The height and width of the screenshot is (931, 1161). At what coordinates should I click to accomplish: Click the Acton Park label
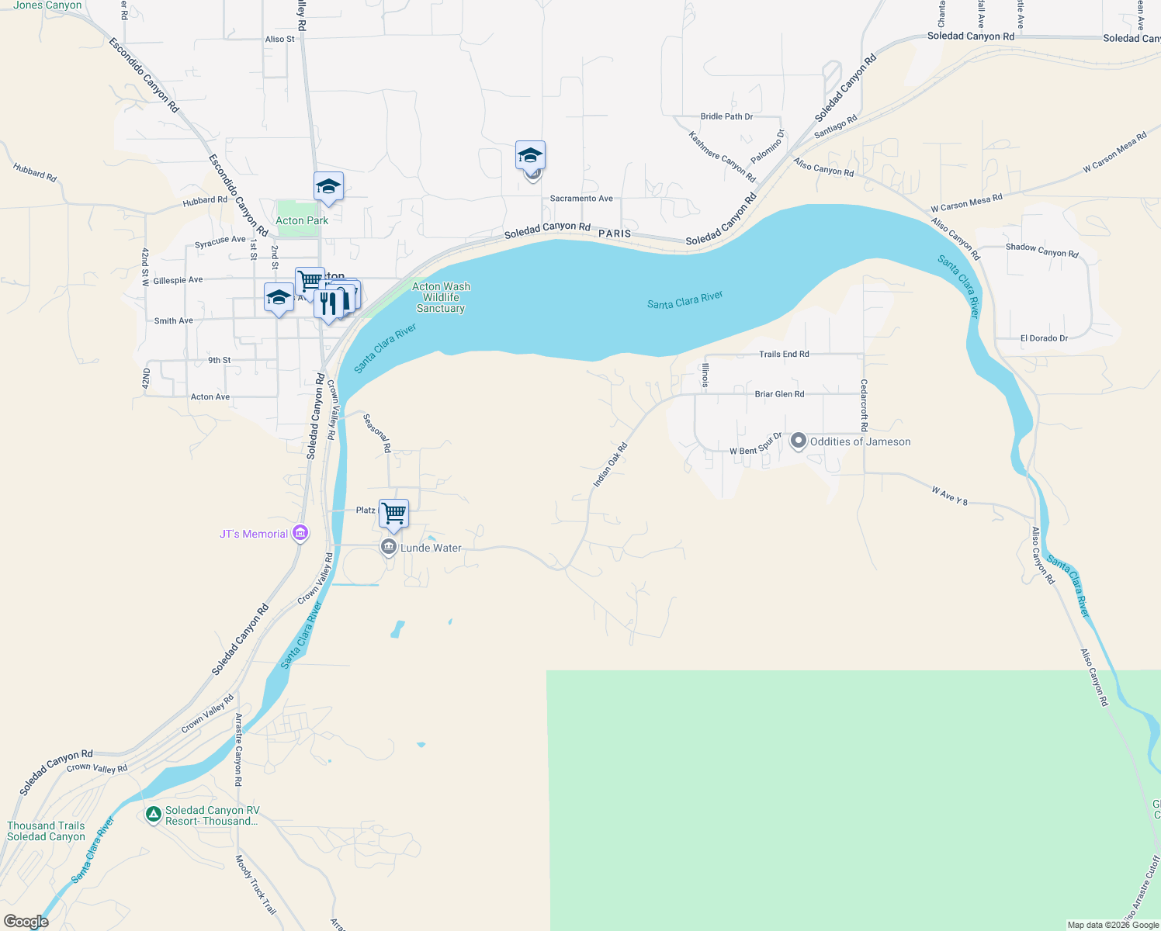302,220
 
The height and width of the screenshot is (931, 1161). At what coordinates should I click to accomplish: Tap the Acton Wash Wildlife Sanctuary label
441,297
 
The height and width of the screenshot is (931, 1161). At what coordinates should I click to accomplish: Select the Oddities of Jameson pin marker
798,441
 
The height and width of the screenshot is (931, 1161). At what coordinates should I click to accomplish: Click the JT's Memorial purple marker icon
300,534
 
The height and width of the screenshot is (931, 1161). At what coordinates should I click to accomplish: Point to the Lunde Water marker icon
389,548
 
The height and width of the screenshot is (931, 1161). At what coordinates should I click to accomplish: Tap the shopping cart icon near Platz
393,513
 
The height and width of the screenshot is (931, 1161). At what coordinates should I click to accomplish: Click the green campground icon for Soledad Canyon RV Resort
153,815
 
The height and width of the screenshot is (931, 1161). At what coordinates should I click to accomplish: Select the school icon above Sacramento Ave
531,155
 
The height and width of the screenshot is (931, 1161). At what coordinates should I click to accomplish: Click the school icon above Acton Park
328,187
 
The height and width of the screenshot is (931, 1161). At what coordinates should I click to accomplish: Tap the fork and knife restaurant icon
329,303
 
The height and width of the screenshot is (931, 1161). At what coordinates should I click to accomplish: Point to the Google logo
26,922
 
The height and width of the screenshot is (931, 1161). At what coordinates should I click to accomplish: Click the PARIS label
615,234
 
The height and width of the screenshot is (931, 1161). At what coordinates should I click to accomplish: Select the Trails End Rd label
784,354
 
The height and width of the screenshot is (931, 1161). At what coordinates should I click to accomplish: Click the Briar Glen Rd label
779,394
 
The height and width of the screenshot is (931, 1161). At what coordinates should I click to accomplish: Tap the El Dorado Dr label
1044,338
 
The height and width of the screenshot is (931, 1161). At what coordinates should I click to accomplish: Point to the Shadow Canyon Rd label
1041,250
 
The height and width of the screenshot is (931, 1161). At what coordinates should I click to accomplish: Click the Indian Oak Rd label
609,465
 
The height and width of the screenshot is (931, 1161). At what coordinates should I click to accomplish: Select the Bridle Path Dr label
726,116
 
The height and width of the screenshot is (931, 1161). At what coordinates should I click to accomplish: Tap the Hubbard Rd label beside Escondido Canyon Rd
205,200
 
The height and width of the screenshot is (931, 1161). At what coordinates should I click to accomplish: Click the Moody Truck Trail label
255,884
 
